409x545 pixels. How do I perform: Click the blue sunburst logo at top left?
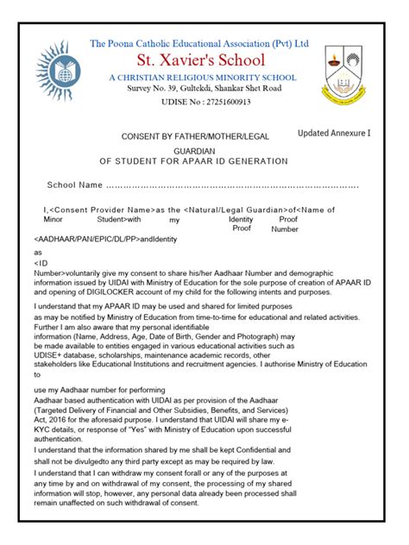point(54,70)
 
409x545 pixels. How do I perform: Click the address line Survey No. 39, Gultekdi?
point(204,89)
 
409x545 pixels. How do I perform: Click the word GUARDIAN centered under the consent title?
point(204,149)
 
